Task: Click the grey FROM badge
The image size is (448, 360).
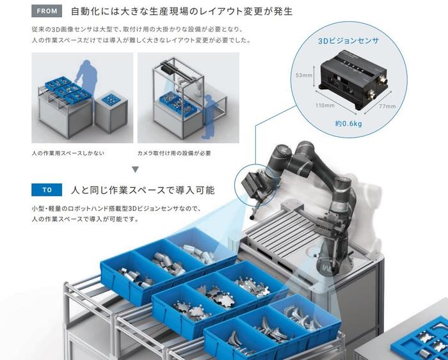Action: pyautogui.click(x=47, y=11)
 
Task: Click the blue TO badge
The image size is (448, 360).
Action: pyautogui.click(x=47, y=190)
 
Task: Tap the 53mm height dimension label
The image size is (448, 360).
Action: pyautogui.click(x=304, y=75)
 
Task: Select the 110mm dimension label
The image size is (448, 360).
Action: pyautogui.click(x=325, y=106)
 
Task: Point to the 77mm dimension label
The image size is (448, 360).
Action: pyautogui.click(x=387, y=106)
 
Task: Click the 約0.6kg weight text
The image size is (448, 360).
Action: pyautogui.click(x=349, y=123)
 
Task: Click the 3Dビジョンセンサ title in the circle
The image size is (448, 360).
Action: pyautogui.click(x=348, y=41)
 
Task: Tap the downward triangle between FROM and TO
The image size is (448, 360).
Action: pyautogui.click(x=136, y=169)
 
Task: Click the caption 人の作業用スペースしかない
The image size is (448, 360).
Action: pyautogui.click(x=68, y=153)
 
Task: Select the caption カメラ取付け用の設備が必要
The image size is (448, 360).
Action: pyautogui.click(x=174, y=153)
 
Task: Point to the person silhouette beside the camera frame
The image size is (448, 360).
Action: pyautogui.click(x=210, y=117)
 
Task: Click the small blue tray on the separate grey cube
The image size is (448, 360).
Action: pyautogui.click(x=110, y=98)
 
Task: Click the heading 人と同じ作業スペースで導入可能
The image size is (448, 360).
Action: pyautogui.click(x=143, y=190)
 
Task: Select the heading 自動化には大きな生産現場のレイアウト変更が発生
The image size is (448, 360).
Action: pyautogui.click(x=182, y=12)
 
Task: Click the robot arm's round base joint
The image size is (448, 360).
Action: pyautogui.click(x=328, y=264)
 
